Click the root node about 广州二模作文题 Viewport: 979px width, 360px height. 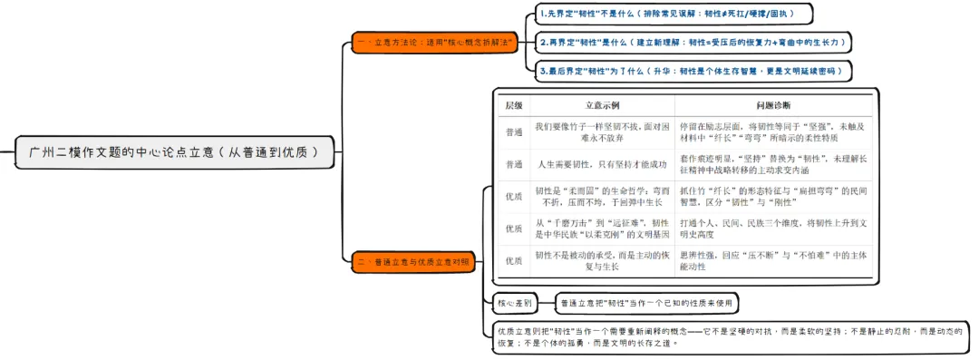(x=173, y=152)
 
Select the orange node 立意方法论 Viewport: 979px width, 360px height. (x=434, y=43)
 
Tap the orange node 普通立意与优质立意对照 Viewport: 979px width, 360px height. (x=413, y=262)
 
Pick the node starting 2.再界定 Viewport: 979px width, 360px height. (x=693, y=43)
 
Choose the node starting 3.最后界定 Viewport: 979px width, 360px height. (x=693, y=71)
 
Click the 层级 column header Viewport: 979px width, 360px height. (x=513, y=105)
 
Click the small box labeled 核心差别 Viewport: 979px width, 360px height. (x=514, y=303)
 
